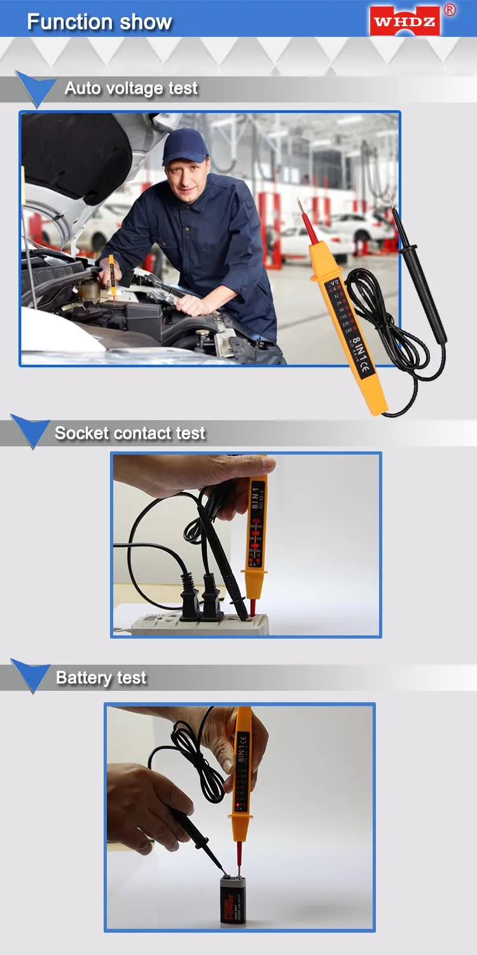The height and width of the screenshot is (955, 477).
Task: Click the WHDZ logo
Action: tap(405, 22)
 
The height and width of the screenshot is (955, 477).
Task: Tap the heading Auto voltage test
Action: tap(131, 88)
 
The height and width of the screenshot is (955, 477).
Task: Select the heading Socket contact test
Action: tap(130, 434)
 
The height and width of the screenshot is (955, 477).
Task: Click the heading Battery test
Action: tap(101, 678)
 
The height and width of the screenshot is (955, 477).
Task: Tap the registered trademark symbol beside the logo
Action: tap(450, 9)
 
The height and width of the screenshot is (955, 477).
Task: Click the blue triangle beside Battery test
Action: tap(31, 676)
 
